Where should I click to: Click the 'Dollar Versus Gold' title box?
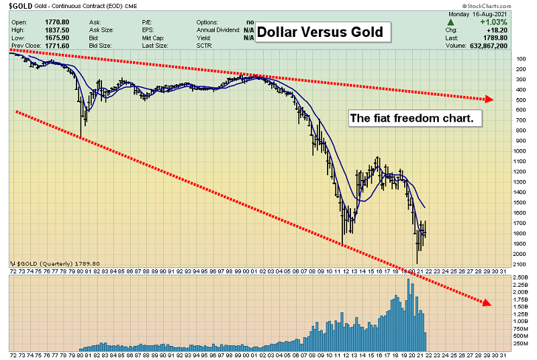[x=320, y=31]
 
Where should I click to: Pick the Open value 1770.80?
[x=62, y=21]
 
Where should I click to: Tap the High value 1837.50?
[x=62, y=30]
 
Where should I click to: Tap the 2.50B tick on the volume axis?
[x=521, y=277]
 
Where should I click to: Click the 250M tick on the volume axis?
[x=521, y=343]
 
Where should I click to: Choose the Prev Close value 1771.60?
[x=62, y=47]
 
